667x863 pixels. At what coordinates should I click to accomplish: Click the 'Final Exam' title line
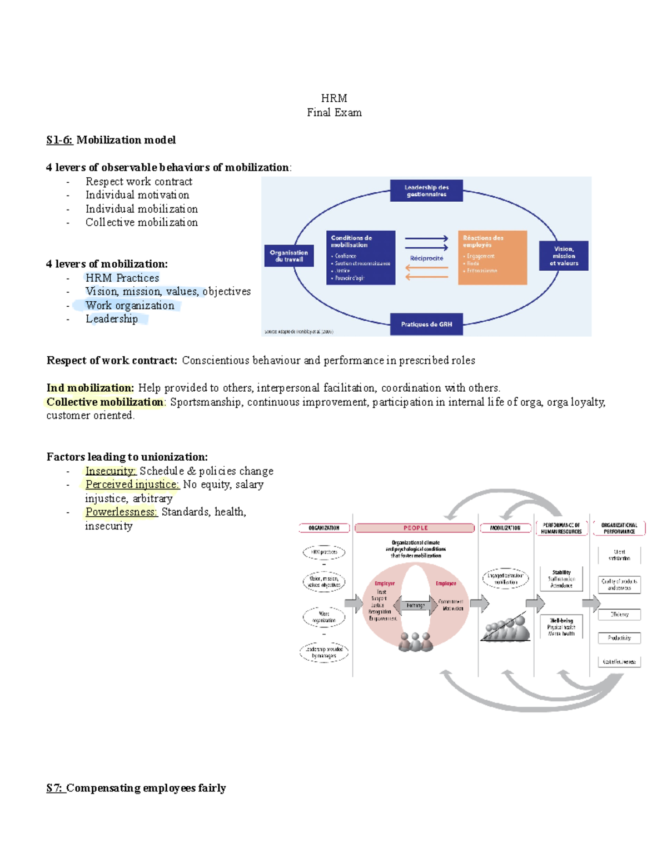click(334, 113)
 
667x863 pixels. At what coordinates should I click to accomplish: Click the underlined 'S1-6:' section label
click(59, 140)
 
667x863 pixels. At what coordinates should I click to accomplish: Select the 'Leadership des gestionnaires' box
click(426, 191)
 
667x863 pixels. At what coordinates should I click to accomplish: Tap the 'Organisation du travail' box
click(289, 256)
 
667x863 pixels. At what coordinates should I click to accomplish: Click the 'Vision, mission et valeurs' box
click(564, 256)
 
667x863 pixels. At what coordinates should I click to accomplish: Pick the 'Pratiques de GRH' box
click(426, 324)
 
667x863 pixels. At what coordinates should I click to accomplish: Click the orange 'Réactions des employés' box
click(492, 258)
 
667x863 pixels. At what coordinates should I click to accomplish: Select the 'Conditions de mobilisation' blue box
click(361, 258)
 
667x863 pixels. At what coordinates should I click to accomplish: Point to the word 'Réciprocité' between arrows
click(426, 258)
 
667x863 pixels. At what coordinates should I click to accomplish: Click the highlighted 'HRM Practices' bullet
click(122, 278)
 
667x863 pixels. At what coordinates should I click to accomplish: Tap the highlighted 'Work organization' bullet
click(130, 306)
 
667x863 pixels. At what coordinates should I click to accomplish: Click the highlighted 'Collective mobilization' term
click(104, 402)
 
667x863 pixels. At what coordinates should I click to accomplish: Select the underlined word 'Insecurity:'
click(111, 471)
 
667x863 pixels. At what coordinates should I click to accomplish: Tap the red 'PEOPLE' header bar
click(415, 528)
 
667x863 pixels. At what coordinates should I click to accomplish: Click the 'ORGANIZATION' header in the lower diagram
click(324, 528)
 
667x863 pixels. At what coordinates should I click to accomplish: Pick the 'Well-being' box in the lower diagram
click(561, 627)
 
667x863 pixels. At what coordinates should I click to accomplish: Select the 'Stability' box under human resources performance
click(561, 578)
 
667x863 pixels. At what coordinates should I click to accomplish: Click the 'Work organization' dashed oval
click(324, 617)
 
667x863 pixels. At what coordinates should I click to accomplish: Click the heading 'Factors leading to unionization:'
click(127, 457)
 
